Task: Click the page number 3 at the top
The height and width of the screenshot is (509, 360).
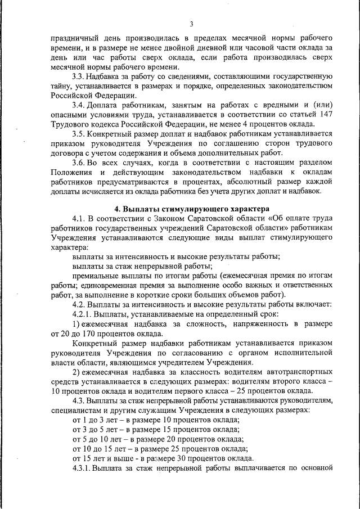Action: (x=191, y=24)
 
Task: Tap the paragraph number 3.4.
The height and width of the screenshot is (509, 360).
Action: (x=80, y=105)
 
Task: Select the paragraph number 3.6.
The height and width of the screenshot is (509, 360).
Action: (x=80, y=163)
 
